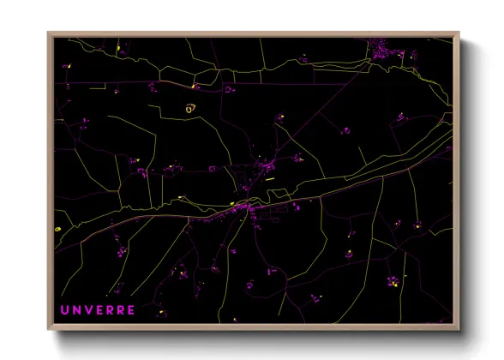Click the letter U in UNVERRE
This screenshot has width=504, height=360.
pyautogui.click(x=64, y=309)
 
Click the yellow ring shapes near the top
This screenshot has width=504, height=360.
pyautogui.click(x=190, y=108)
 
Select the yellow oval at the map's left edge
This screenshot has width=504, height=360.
pyautogui.click(x=57, y=230)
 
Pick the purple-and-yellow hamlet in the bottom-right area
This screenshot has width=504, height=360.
pyautogui.click(x=393, y=281)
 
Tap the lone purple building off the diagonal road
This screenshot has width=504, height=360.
pyautogui.click(x=346, y=131)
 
